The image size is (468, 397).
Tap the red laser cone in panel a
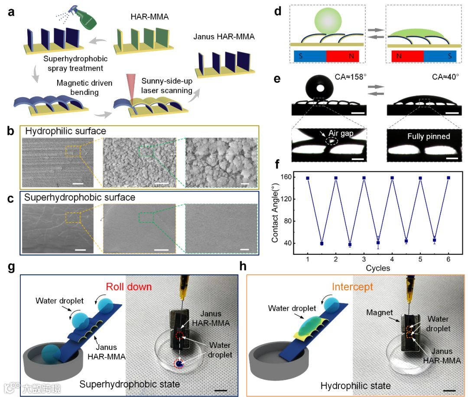tap(130, 87)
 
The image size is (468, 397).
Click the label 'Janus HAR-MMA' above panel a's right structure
tap(224, 37)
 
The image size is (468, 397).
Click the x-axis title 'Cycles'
tap(378, 268)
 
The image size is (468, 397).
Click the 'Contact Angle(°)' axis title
tap(275, 211)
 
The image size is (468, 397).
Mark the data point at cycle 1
tap(308, 178)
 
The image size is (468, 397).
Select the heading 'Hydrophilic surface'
tap(65, 131)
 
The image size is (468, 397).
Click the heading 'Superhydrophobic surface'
tap(80, 198)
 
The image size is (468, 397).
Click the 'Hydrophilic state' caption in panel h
tap(355, 385)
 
